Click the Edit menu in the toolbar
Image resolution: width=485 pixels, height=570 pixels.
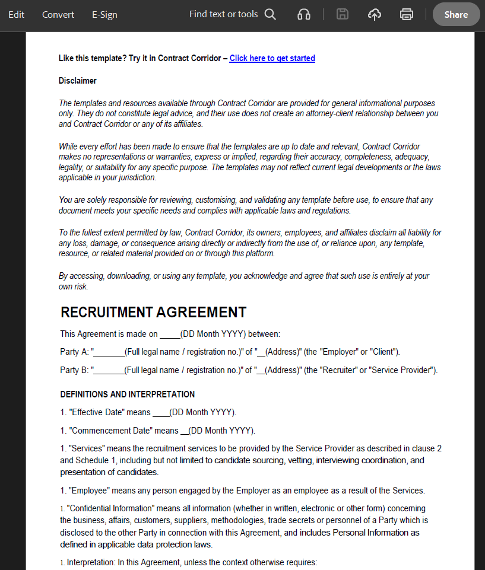pos(16,15)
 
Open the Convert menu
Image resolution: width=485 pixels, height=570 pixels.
pos(58,15)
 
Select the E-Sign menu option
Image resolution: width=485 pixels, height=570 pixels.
pos(104,15)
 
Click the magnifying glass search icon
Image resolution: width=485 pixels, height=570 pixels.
pos(270,14)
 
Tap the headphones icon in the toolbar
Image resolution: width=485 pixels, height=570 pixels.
pos(304,15)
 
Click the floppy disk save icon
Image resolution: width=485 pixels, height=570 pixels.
pos(343,15)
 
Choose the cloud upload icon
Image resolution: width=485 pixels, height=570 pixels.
pos(375,15)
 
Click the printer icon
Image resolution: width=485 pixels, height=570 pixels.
pos(407,15)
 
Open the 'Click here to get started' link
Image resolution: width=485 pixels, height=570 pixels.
pos(272,58)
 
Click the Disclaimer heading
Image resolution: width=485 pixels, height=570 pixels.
pos(77,81)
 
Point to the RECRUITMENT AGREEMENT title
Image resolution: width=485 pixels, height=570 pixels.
pos(153,313)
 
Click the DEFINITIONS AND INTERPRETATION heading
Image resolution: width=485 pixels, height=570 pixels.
pos(127,394)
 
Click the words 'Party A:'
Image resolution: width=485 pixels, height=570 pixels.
pos(74,352)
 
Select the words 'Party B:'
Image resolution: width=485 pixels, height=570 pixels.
pos(74,371)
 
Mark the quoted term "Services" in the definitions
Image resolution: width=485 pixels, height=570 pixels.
pos(87,448)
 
